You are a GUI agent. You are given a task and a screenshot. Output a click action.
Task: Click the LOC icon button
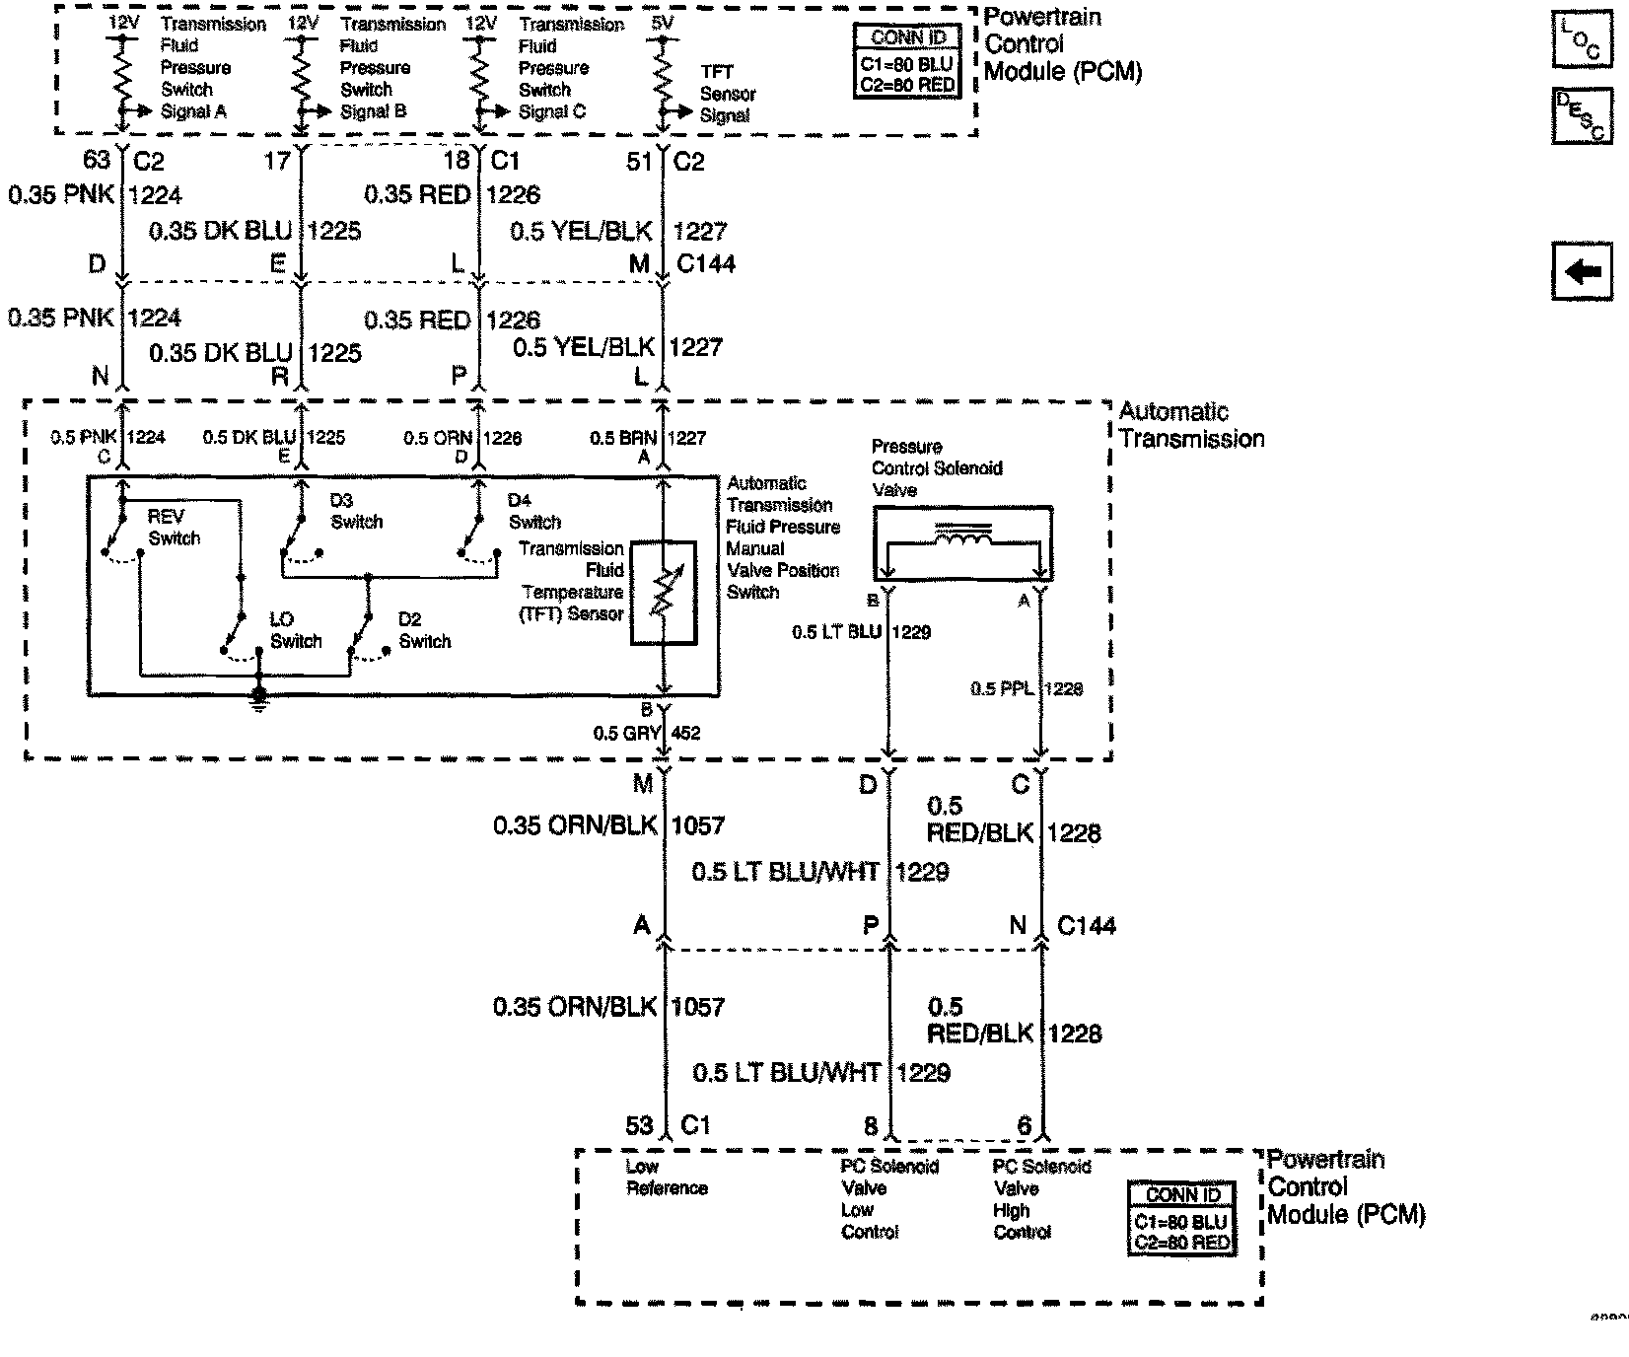[1582, 39]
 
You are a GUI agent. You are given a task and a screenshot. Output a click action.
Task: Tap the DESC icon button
[1582, 115]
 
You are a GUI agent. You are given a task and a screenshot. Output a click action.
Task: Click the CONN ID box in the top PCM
[908, 61]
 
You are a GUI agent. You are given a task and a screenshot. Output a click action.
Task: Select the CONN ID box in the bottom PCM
[1181, 1219]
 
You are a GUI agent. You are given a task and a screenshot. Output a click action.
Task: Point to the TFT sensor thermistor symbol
[664, 592]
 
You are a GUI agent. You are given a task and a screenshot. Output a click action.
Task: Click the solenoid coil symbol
[963, 538]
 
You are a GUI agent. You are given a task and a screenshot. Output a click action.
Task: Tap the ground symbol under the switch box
[258, 697]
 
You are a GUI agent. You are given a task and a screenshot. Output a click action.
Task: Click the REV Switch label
[174, 528]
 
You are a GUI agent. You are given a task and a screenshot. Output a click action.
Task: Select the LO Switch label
[295, 630]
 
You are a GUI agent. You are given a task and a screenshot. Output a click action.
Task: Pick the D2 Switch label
[424, 630]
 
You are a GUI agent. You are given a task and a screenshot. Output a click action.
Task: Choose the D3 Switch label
[356, 511]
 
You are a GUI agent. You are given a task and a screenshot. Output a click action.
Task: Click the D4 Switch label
[534, 511]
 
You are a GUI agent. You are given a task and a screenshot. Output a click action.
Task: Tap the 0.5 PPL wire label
[1002, 688]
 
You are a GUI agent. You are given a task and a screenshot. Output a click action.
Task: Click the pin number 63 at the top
[97, 160]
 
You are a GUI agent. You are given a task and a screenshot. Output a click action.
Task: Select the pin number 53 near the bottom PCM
[640, 1125]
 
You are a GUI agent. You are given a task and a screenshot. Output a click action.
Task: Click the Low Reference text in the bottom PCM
[667, 1178]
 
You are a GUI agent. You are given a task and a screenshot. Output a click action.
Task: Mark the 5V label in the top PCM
[664, 20]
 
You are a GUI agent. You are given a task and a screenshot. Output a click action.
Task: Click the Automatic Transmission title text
[1191, 425]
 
